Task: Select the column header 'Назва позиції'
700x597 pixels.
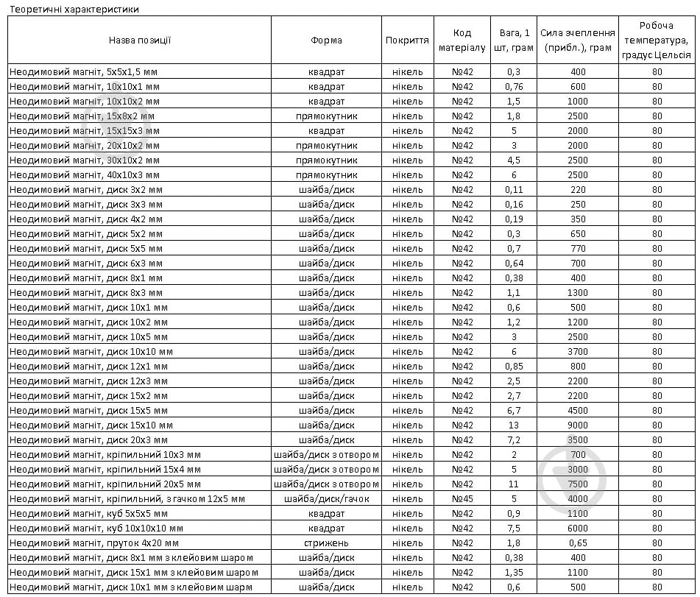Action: coord(140,40)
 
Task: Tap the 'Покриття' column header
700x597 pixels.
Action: coord(407,40)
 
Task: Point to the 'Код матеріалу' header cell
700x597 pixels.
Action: coord(462,40)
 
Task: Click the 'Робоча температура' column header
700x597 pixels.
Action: coord(657,40)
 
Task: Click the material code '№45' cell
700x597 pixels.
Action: coord(462,498)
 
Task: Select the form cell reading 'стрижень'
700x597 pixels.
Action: coord(326,543)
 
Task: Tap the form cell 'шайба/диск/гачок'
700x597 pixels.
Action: coord(326,498)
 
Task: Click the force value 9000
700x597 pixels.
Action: coord(578,425)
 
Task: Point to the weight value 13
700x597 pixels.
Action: coord(513,425)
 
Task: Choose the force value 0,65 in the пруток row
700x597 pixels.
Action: coord(578,543)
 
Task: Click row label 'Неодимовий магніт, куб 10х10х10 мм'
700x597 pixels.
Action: coord(96,528)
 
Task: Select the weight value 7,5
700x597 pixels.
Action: coord(513,528)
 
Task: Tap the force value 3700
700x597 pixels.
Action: coord(578,351)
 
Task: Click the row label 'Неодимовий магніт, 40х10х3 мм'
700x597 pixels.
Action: coord(85,174)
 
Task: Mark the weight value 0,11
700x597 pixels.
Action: coord(513,189)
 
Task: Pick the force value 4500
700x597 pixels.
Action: coord(578,410)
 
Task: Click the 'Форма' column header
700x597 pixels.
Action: coord(326,40)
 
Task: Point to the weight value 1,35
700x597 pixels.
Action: coord(513,572)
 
